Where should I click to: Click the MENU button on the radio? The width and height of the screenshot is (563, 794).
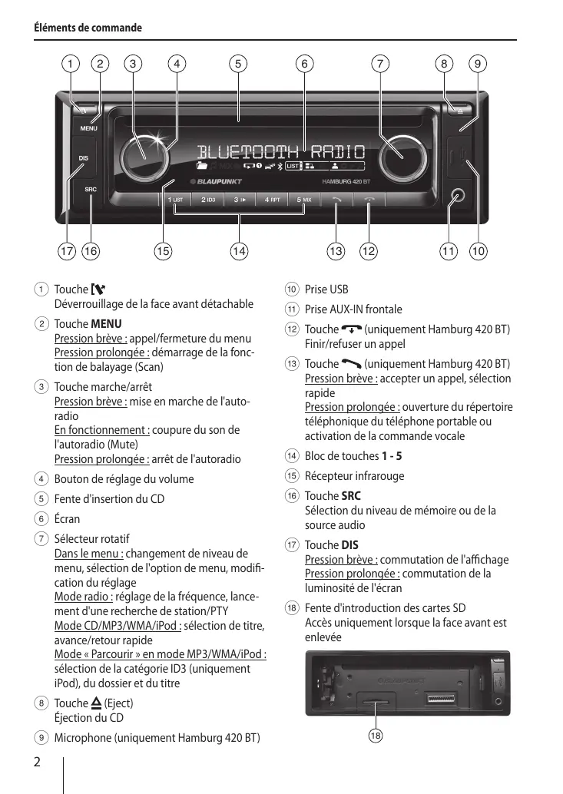[89, 128]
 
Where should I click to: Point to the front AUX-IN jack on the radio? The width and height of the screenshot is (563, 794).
[459, 196]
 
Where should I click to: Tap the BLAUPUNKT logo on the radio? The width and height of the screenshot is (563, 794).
[217, 182]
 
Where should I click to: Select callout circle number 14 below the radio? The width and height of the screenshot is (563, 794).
[240, 250]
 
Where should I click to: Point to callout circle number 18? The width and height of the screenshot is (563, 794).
[375, 736]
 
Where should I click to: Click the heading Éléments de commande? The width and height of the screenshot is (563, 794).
[88, 28]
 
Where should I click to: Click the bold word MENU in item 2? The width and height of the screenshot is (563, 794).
[106, 324]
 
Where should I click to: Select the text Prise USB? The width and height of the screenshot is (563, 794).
[326, 289]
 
